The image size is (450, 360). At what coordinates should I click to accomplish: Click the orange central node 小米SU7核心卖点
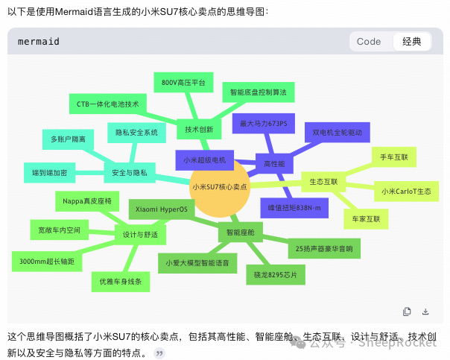pos(219,187)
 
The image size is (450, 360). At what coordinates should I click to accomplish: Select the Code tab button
pos(369,42)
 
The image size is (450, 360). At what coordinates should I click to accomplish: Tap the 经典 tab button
pos(411,42)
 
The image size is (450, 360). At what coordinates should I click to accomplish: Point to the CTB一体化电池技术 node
pos(107,104)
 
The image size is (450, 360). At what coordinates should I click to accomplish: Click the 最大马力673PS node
pos(268,122)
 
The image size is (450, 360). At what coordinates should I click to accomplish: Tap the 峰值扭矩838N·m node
pos(294,208)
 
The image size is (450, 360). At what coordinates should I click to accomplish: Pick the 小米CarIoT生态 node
pos(405,192)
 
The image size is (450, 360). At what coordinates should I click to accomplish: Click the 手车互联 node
pos(394,157)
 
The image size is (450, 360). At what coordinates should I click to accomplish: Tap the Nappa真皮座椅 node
pos(86,200)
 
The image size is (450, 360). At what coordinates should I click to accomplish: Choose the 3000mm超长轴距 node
pos(47,261)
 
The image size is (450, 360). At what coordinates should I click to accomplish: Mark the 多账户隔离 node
pos(68,139)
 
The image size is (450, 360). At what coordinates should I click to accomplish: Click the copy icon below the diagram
pos(407,311)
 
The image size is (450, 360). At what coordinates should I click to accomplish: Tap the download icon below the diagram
pos(425,311)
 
